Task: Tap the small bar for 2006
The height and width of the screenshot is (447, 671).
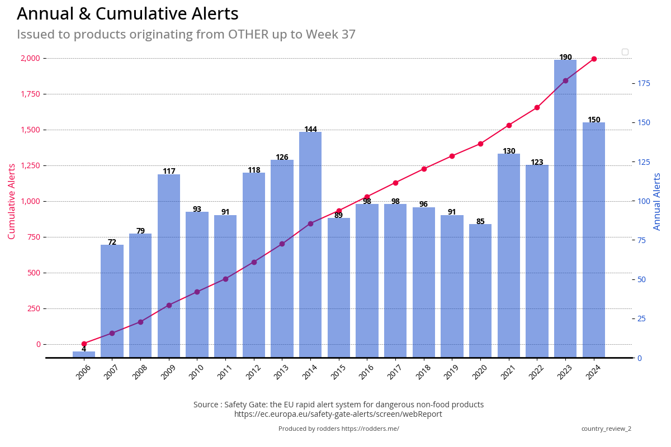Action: click(84, 354)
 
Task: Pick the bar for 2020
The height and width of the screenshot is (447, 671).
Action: click(480, 291)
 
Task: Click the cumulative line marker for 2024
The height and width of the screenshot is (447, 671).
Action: click(594, 59)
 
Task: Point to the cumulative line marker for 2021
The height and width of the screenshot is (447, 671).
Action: click(509, 125)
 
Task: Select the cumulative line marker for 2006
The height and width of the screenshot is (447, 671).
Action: click(84, 344)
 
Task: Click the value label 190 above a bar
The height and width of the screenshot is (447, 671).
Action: click(565, 58)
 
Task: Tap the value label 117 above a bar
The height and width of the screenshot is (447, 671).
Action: click(169, 172)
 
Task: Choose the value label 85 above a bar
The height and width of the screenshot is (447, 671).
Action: click(480, 222)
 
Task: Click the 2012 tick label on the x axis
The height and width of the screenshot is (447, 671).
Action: click(253, 372)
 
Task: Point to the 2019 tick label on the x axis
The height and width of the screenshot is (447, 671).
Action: click(451, 372)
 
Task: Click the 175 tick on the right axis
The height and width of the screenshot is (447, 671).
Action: click(644, 83)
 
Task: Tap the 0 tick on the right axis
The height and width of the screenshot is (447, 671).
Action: click(640, 358)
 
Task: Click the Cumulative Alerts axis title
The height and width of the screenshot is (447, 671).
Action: click(12, 201)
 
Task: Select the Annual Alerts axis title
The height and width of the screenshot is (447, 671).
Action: click(658, 201)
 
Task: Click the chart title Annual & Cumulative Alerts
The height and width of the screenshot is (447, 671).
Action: click(127, 14)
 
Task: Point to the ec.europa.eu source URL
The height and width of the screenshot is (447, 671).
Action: click(338, 414)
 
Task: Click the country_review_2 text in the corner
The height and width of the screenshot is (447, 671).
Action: click(606, 429)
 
